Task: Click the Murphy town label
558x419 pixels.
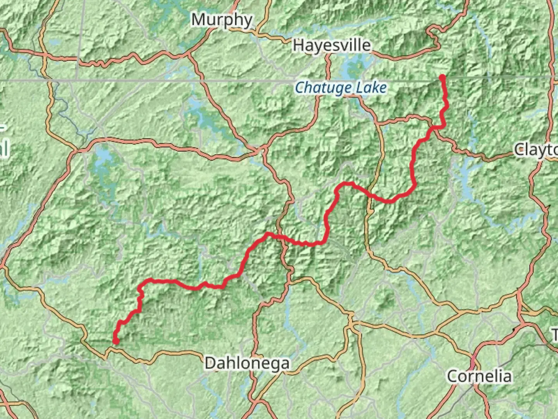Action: click(x=222, y=20)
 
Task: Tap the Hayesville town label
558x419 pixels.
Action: click(x=332, y=45)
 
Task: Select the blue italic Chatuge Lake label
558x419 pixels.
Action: click(x=341, y=88)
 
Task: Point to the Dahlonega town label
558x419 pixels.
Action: click(x=247, y=364)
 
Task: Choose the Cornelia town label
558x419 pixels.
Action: click(x=479, y=376)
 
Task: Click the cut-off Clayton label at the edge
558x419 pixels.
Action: click(x=536, y=149)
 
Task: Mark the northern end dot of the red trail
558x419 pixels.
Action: click(x=442, y=78)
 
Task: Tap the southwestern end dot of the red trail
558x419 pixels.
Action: click(x=115, y=341)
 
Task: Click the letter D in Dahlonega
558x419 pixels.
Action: click(x=210, y=364)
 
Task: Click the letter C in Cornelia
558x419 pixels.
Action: click(x=452, y=376)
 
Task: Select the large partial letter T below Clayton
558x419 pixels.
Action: click(x=555, y=334)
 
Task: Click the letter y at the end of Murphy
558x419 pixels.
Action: click(x=248, y=21)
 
